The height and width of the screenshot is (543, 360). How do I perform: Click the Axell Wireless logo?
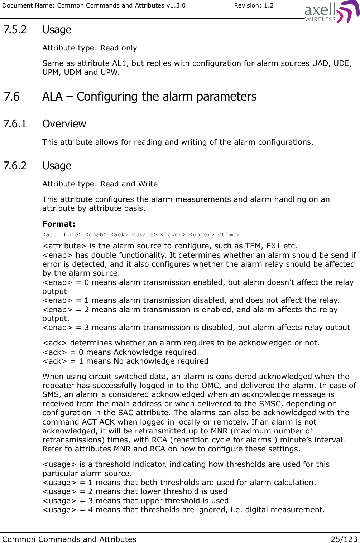(331, 12)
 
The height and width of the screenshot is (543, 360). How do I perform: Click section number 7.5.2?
(15, 30)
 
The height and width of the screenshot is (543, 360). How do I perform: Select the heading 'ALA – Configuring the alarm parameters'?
(149, 97)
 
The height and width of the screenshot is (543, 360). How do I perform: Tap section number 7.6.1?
(15, 124)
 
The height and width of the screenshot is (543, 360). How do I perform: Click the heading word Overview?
(64, 124)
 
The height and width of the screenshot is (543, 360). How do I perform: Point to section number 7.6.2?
(15, 166)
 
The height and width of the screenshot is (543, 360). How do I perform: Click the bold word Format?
(59, 224)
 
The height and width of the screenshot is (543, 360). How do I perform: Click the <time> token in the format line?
(228, 235)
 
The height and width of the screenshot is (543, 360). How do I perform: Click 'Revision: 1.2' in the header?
(254, 5)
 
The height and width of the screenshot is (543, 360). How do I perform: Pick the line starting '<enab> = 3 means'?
(196, 328)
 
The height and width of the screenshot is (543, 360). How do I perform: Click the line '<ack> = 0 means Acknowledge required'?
(119, 352)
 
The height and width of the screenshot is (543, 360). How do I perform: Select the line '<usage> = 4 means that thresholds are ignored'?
(183, 510)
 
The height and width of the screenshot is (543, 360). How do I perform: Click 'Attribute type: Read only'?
(90, 48)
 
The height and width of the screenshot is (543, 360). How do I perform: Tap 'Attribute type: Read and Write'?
(100, 184)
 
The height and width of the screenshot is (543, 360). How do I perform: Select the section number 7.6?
(12, 97)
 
